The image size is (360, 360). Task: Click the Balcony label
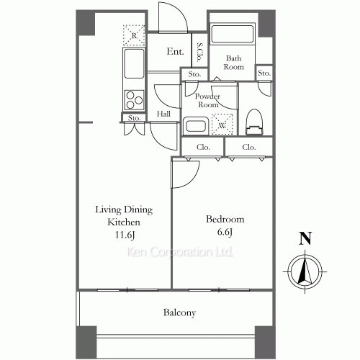(179, 313)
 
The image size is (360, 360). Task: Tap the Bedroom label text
(225, 220)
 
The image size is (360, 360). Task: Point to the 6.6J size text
(225, 232)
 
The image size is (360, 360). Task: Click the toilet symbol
(253, 122)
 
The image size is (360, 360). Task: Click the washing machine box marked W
(223, 123)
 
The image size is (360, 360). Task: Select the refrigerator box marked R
(132, 34)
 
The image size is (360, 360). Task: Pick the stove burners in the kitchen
(134, 98)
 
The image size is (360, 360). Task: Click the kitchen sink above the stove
(134, 66)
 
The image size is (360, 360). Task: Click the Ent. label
(175, 52)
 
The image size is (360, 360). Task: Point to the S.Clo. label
(199, 52)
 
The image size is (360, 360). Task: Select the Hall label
(163, 114)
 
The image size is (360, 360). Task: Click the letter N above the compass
(305, 239)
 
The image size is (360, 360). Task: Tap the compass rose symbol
(305, 272)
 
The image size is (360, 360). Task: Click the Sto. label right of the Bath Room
(264, 73)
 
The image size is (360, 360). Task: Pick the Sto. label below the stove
(133, 118)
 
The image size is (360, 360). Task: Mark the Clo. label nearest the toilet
(249, 147)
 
